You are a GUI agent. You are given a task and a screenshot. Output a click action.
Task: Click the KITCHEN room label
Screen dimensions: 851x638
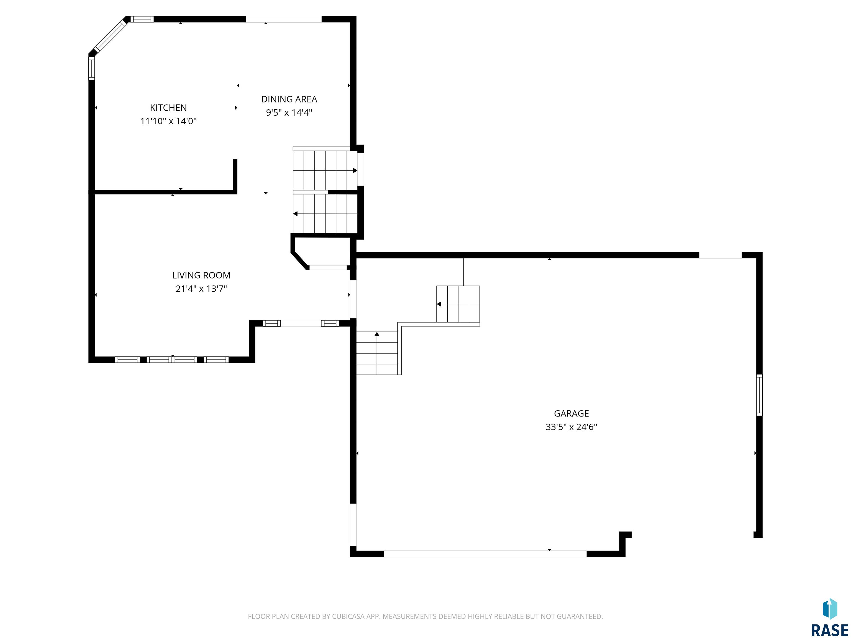tap(168, 108)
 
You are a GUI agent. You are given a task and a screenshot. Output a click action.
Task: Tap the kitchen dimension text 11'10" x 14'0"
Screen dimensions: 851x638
tap(168, 121)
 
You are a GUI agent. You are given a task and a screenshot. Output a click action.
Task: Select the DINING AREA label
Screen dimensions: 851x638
tap(289, 99)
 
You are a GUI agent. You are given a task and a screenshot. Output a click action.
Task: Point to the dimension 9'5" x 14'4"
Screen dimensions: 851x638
tap(289, 113)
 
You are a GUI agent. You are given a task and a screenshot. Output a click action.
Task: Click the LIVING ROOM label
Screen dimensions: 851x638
tap(201, 275)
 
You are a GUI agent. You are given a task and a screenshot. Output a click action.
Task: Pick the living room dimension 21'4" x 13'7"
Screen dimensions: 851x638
tap(201, 289)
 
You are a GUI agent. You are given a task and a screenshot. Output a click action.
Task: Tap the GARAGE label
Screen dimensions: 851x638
tap(571, 413)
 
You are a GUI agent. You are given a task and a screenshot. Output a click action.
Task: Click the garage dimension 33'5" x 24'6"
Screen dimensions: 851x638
tap(571, 427)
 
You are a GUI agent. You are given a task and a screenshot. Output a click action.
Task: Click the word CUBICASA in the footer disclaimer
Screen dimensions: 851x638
tap(350, 616)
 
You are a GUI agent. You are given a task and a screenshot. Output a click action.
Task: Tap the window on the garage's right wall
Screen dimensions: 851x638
tap(759, 395)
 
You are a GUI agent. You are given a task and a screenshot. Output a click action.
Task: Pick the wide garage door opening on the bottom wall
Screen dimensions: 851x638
tap(485, 554)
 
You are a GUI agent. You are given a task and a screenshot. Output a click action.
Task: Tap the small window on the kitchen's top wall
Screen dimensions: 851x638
tap(142, 19)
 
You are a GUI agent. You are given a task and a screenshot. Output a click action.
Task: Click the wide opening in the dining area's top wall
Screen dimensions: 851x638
tap(284, 19)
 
